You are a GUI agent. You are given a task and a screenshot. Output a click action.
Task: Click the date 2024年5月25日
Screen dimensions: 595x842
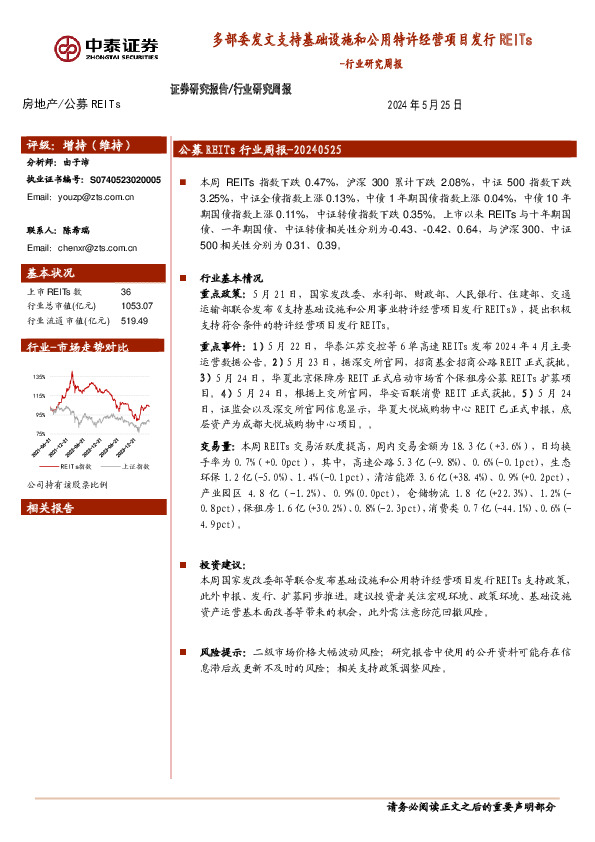[x=424, y=104]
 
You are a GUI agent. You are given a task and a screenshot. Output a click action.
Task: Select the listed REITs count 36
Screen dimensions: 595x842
[x=125, y=290]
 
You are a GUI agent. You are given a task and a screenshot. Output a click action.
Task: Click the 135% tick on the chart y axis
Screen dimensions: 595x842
[x=40, y=377]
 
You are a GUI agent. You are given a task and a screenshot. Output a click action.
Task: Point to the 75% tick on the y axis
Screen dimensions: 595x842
[x=40, y=433]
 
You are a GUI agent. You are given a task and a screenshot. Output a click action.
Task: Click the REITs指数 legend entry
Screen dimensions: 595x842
[x=76, y=466]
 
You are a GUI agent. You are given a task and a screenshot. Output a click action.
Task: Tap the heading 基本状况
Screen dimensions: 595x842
[x=50, y=272]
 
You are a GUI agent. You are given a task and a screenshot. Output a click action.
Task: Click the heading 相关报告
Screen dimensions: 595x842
[x=50, y=508]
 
